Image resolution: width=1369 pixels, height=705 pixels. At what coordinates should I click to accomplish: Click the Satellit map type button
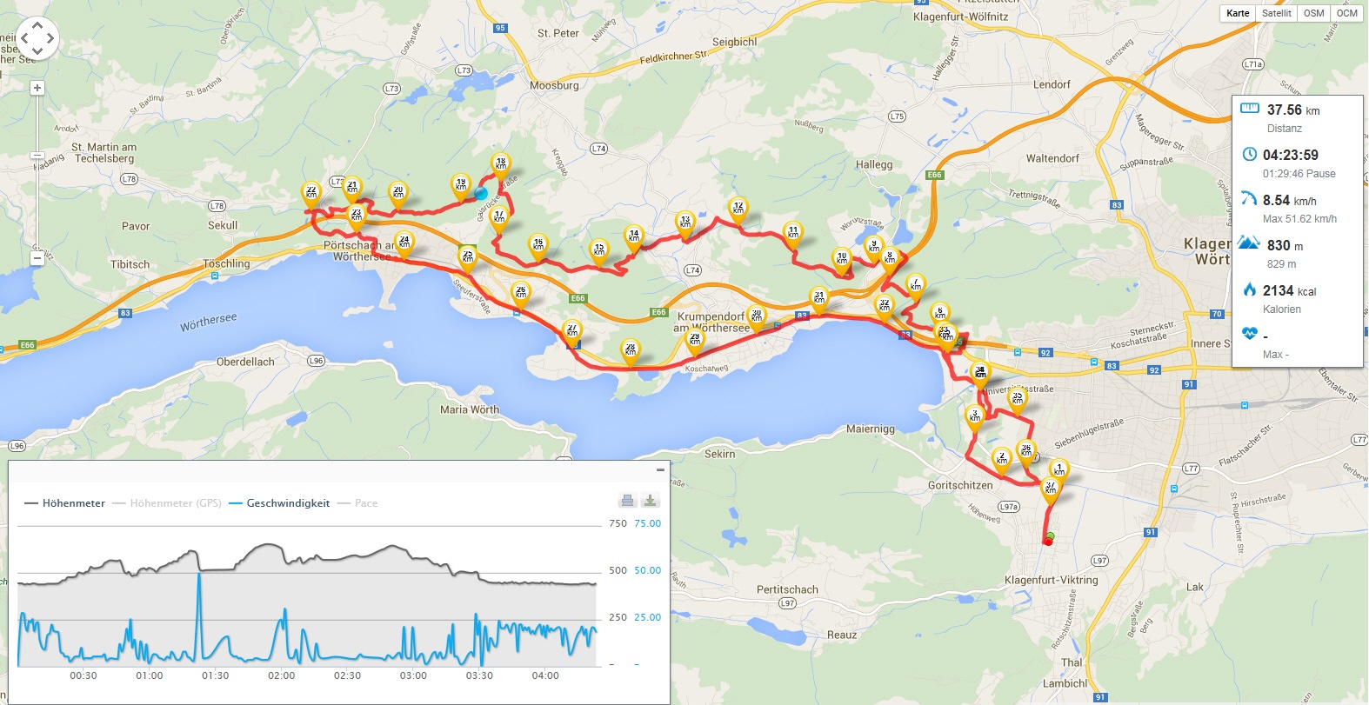coord(1276,13)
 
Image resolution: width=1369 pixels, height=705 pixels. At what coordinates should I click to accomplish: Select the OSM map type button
coord(1313,13)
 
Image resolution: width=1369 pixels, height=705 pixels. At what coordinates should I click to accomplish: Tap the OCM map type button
coord(1346,13)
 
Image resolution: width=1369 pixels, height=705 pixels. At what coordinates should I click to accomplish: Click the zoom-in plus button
coord(37,88)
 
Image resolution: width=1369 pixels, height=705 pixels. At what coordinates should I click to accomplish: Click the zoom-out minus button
coord(37,258)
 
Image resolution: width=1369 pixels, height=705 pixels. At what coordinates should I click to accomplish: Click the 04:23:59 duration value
coord(1290,155)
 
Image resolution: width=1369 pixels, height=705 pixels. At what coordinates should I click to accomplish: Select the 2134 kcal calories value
coord(1289,290)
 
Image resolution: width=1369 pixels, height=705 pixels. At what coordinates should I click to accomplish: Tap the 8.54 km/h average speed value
coord(1289,200)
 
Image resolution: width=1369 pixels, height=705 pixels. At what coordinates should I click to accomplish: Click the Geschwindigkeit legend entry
coord(287,503)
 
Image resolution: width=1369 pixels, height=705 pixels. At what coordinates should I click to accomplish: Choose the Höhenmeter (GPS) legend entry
coord(175,503)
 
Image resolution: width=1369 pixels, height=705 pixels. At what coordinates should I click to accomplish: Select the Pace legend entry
coord(365,503)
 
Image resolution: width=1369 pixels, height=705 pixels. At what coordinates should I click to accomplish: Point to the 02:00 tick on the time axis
coord(281,675)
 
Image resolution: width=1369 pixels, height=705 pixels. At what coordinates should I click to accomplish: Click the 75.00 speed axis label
coord(647,523)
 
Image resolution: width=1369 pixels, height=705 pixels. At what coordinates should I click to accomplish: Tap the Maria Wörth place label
coord(470,409)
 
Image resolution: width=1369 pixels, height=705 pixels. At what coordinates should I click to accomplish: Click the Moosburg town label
coord(554,85)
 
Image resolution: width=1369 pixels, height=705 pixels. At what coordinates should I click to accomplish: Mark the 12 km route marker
coord(738,209)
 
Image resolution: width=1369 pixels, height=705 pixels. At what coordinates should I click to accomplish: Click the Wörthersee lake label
coord(208,323)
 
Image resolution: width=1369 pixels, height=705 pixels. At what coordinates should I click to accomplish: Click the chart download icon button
coord(650,500)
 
